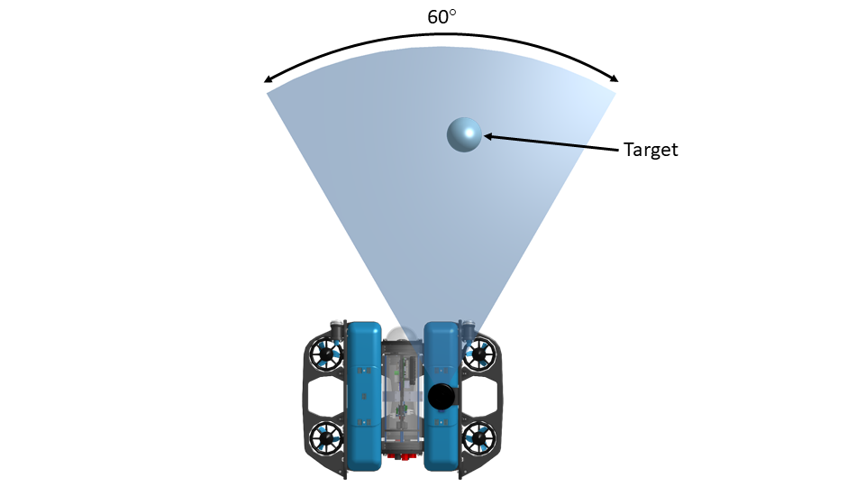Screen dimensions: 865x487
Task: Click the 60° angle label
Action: point(442,16)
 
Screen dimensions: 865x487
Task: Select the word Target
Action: point(651,150)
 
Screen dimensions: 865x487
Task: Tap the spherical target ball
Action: point(464,134)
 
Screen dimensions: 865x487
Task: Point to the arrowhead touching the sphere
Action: point(487,136)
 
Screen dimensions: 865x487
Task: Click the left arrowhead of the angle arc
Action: point(269,79)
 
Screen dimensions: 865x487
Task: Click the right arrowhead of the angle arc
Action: point(614,78)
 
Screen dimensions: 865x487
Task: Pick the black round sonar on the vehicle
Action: point(442,396)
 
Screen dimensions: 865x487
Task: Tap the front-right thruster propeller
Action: point(478,354)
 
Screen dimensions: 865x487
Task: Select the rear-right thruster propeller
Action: point(478,438)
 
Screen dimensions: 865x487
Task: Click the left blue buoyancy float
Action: point(363,396)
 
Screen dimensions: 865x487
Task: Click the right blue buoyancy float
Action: point(442,396)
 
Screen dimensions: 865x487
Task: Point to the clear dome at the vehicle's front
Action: point(401,335)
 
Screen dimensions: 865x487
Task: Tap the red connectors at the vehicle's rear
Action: point(402,456)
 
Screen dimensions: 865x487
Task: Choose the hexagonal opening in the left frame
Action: point(325,397)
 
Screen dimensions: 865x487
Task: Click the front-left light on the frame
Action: point(336,328)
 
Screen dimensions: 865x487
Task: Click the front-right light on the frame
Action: point(468,328)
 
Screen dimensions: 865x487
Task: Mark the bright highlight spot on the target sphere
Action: point(469,133)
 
